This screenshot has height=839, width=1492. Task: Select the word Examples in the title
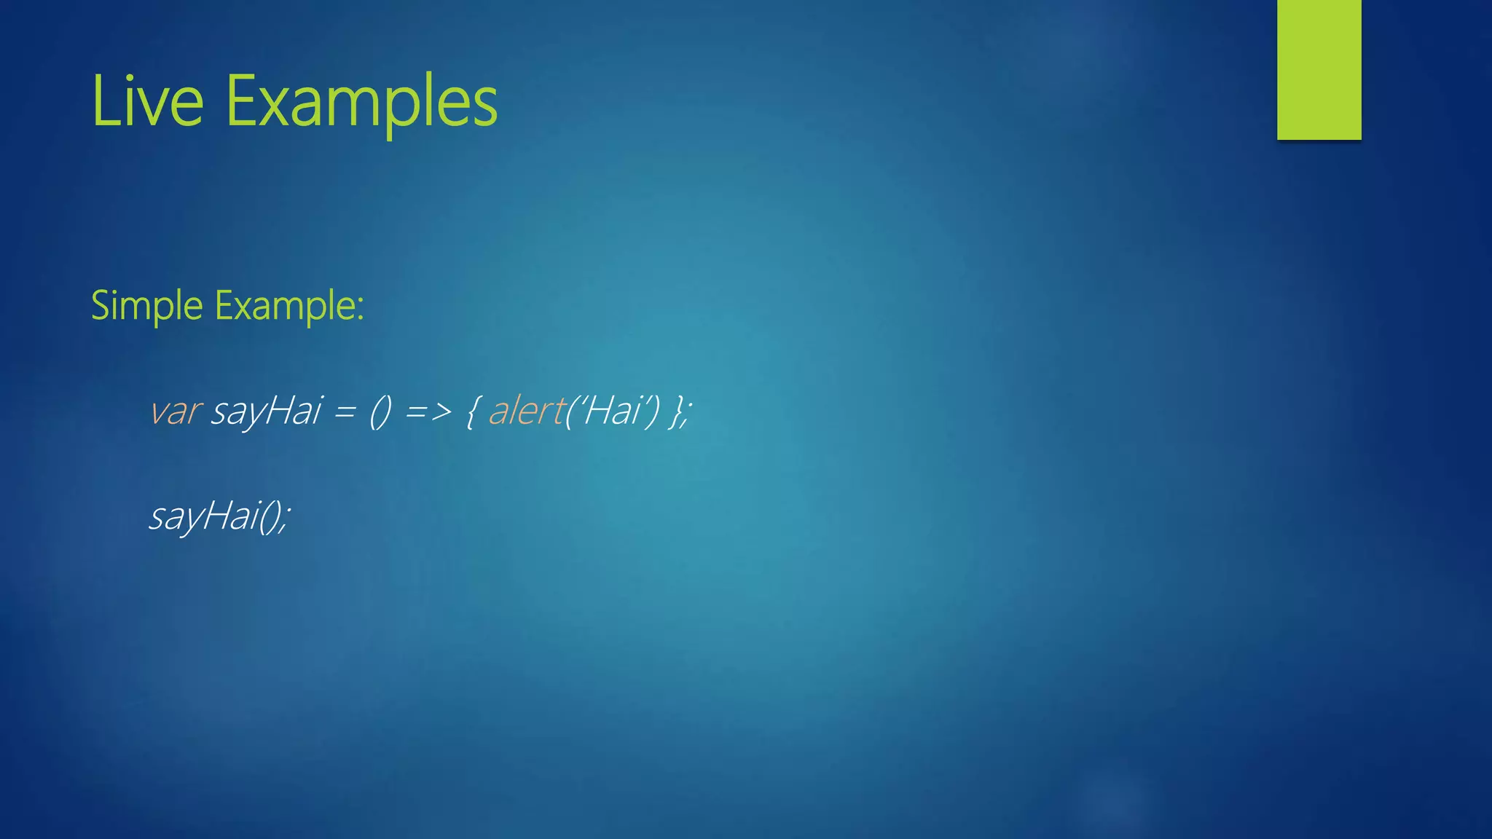pos(361,102)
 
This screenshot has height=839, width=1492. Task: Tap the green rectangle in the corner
pos(1319,69)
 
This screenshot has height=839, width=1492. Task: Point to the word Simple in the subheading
pos(146,306)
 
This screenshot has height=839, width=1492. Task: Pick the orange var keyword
pos(175,411)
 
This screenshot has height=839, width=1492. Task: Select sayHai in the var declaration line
pos(267,411)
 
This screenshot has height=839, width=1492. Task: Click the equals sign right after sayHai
pos(345,412)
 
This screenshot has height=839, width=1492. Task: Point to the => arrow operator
pos(428,412)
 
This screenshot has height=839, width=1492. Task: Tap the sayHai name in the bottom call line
pos(205,516)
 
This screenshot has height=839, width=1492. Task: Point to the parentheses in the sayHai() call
pos(271,517)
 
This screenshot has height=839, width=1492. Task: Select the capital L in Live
pos(102,102)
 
